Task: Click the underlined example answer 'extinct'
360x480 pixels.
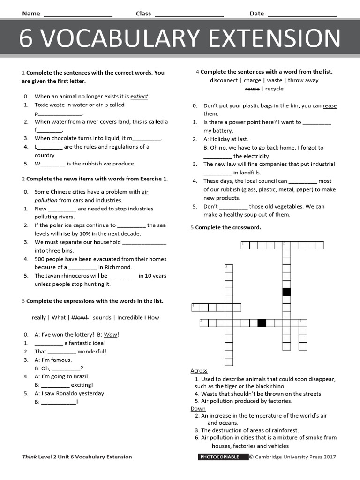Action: coord(139,97)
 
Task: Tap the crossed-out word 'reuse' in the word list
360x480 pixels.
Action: coord(252,89)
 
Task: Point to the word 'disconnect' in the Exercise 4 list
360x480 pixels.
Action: coord(224,80)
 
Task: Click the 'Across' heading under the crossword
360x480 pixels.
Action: coord(199,371)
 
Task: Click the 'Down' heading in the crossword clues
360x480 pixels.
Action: coord(198,409)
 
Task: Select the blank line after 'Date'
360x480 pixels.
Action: coord(302,14)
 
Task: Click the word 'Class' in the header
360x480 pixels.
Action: coord(143,14)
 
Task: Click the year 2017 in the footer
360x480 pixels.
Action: coord(329,457)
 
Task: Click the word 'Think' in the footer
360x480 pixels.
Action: coord(29,457)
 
